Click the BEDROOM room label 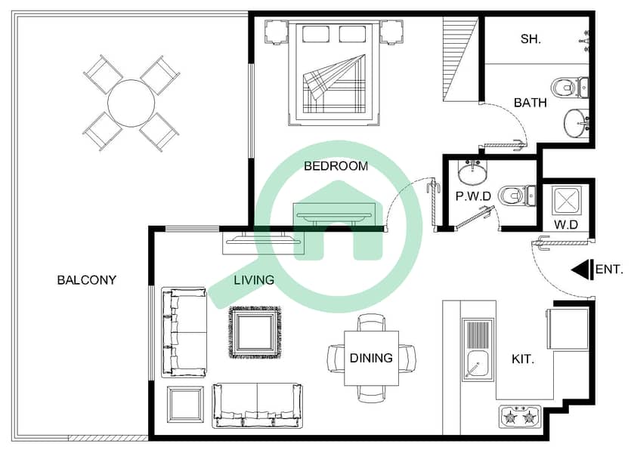point(336,166)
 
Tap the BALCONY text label point(86,280)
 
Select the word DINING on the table point(371,358)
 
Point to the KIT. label point(523,359)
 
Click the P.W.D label point(473,196)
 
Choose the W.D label point(566,225)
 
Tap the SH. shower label point(530,39)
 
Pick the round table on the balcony point(131,103)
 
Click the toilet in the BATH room point(569,88)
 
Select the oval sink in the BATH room point(576,123)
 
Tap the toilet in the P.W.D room point(517,196)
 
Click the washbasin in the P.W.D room point(472,172)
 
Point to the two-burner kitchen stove point(519,417)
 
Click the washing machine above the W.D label point(566,199)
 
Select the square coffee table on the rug point(255,332)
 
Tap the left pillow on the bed point(316,34)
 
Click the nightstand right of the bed point(391,32)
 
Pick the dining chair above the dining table point(372,322)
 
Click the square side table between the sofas point(185,404)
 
